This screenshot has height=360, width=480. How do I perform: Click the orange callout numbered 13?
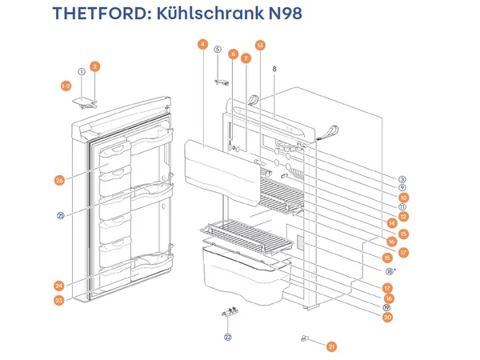[x=260, y=45]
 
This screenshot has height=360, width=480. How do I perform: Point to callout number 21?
[x=332, y=346]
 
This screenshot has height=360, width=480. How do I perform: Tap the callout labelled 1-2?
[x=67, y=86]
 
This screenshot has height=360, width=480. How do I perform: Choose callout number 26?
[x=59, y=181]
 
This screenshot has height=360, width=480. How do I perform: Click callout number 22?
[x=227, y=338]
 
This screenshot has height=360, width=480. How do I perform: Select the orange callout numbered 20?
[x=387, y=318]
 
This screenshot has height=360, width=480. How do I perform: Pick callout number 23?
[x=59, y=301]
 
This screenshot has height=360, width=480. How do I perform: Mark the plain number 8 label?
[x=274, y=70]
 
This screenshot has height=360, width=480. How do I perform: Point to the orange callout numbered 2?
[x=94, y=66]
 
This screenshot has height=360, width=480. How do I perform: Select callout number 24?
[x=59, y=286]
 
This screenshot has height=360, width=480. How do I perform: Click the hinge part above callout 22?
[x=230, y=314]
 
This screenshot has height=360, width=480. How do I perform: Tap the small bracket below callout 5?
[x=222, y=81]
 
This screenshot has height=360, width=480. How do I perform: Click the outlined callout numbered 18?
[x=390, y=271]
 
